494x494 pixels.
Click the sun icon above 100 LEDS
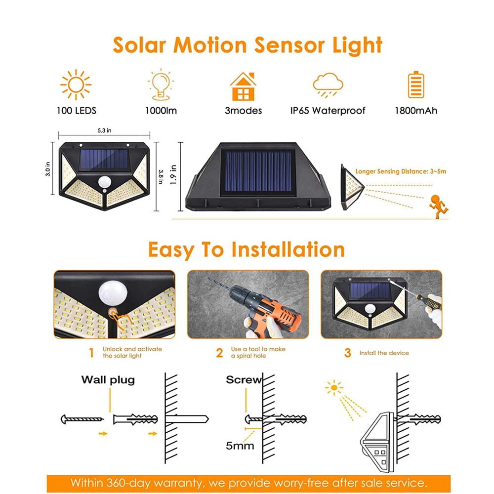(76, 85)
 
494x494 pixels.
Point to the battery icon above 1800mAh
(416, 85)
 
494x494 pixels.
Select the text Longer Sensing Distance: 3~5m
(401, 171)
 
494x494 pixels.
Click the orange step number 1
(90, 353)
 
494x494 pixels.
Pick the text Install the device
(384, 353)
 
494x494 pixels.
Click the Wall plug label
(108, 380)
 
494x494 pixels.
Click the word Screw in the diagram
(243, 380)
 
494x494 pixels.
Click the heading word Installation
(288, 249)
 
